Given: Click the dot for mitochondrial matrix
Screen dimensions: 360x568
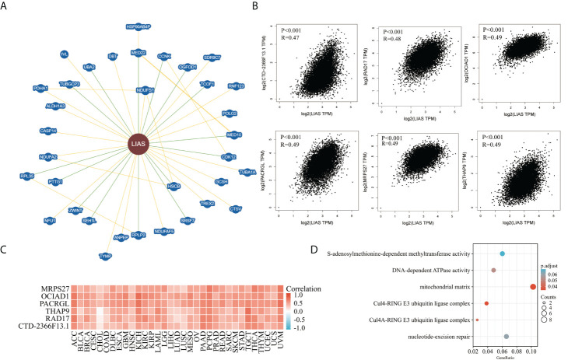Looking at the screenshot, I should point(532,287).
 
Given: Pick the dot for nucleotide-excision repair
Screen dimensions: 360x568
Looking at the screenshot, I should point(507,337).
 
